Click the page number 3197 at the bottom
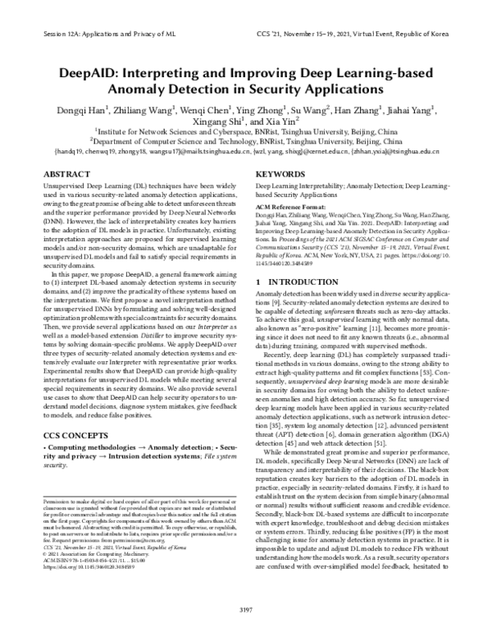click(245, 611)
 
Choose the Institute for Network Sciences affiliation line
click(246, 131)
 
